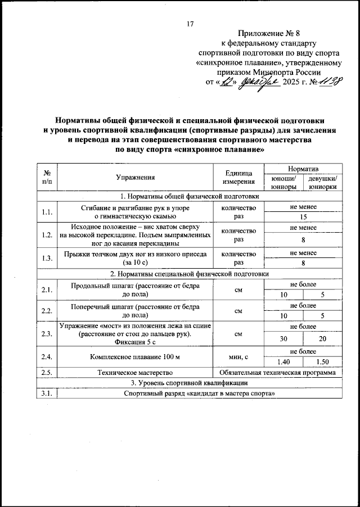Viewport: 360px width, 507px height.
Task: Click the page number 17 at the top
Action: (190, 24)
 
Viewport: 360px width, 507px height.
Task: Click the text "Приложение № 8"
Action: (268, 34)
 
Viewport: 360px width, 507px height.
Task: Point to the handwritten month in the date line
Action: (255, 82)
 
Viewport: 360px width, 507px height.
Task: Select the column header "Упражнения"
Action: (135, 178)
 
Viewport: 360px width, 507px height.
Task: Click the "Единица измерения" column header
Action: (239, 178)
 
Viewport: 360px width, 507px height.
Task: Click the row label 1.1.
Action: (47, 212)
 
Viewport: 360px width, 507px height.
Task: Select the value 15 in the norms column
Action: (303, 217)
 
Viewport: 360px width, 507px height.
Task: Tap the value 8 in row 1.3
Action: (303, 262)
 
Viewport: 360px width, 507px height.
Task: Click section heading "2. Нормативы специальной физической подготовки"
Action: (190, 274)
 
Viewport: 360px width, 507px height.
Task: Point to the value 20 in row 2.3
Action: (322, 338)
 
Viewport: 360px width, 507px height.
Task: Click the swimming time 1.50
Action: (322, 362)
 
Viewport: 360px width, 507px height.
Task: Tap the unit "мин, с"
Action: (239, 356)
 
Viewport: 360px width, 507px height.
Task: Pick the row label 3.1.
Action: (47, 393)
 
